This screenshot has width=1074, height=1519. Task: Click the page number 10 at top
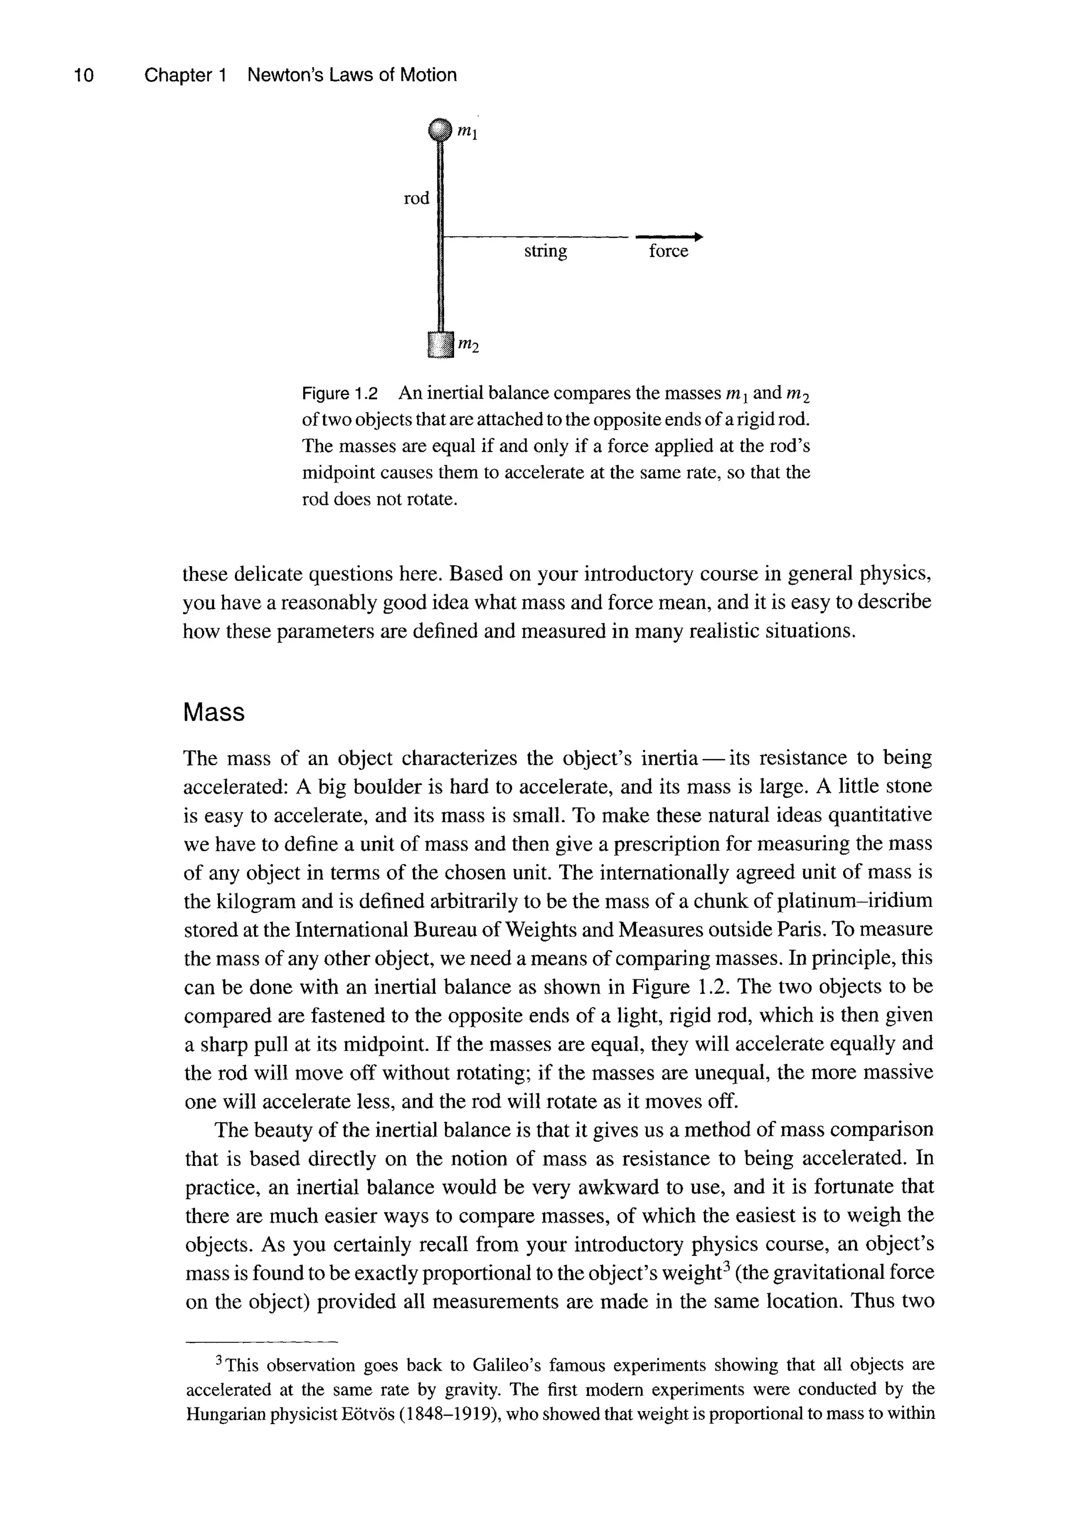tap(84, 76)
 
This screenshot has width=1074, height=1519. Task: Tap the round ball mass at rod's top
tap(439, 131)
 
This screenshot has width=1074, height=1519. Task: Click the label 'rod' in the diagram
tap(417, 198)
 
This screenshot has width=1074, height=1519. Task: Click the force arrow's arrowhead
tap(699, 237)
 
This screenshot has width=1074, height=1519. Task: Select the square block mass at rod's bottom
tap(439, 344)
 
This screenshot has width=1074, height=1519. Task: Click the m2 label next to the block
tap(468, 346)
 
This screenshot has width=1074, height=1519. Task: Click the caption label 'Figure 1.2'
tap(339, 394)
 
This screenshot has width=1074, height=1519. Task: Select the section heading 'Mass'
tap(214, 713)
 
